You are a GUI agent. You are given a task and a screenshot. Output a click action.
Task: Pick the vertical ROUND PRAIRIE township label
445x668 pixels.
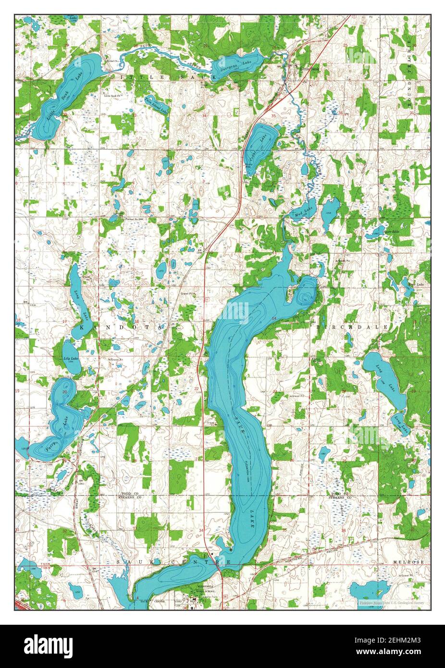(411, 77)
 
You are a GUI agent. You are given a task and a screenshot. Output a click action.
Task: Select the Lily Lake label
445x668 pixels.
(72, 359)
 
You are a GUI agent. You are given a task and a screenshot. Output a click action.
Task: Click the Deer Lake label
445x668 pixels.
(411, 285)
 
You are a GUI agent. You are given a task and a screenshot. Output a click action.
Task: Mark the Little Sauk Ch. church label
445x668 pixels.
(114, 95)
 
